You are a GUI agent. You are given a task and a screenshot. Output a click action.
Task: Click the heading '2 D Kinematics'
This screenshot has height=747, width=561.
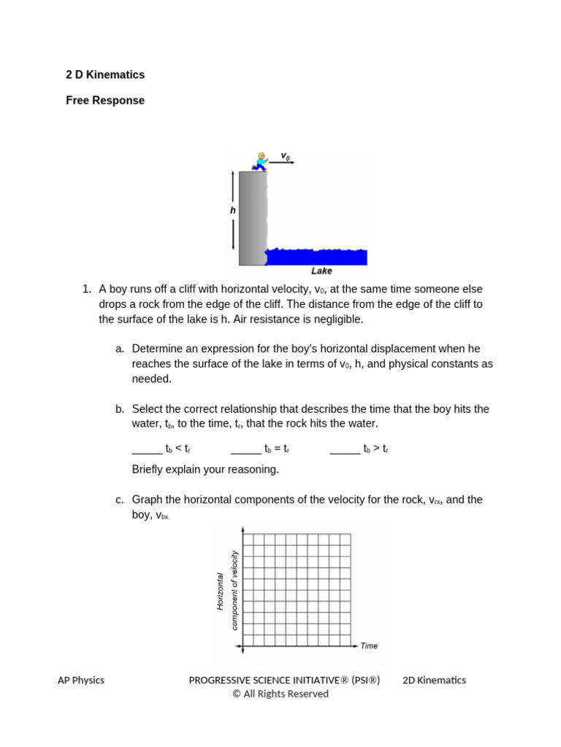click(x=105, y=74)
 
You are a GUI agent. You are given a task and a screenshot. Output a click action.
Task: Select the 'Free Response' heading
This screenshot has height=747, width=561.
click(x=105, y=101)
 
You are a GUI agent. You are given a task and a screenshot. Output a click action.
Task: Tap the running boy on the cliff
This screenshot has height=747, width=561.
click(x=259, y=161)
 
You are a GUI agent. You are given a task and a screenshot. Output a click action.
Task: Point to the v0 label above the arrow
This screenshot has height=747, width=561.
click(x=286, y=156)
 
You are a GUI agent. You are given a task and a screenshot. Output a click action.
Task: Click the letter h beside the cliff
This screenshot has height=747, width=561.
click(x=233, y=209)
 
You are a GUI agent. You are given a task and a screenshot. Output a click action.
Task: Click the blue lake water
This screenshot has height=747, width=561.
click(x=318, y=257)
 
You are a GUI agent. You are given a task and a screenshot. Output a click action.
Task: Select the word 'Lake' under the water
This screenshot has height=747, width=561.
click(x=321, y=271)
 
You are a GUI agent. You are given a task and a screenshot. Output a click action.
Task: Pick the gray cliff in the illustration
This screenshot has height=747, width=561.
click(x=252, y=219)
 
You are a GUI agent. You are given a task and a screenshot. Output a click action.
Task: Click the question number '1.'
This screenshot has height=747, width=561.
click(x=87, y=289)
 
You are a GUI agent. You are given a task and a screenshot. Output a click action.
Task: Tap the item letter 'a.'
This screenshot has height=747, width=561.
click(x=121, y=349)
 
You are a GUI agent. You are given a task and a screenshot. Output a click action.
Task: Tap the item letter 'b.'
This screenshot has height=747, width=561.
click(x=121, y=409)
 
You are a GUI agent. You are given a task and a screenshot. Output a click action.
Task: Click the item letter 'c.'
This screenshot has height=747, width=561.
click(x=120, y=500)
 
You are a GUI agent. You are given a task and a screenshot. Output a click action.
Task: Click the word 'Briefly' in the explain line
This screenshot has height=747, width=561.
click(x=149, y=469)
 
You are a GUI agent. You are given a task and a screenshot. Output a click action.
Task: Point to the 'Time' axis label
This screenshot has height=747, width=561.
click(x=369, y=646)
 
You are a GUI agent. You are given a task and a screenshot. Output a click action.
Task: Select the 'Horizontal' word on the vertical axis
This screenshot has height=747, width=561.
click(x=219, y=590)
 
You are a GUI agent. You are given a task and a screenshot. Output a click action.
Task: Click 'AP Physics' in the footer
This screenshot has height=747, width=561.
click(x=81, y=680)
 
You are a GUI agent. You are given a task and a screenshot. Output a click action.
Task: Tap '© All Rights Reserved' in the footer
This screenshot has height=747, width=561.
click(x=280, y=694)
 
